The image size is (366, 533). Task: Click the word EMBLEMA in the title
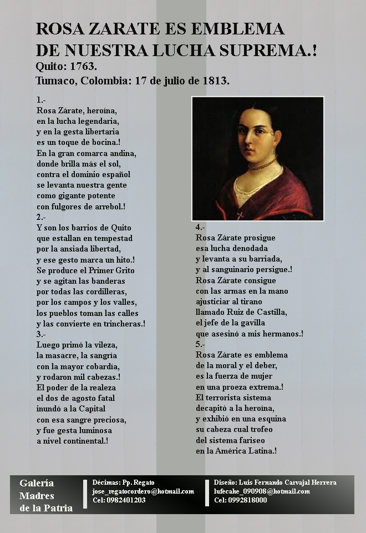[240, 29]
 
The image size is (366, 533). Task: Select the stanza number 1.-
[41, 100]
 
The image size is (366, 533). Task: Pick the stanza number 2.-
[41, 217]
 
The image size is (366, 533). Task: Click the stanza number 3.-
[41, 334]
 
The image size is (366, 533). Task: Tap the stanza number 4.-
[201, 228]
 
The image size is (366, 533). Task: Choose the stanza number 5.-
[201, 344]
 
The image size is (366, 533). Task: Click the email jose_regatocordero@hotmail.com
[143, 491]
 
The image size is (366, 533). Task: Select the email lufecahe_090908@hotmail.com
[262, 491]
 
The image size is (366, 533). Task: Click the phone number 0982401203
[126, 500]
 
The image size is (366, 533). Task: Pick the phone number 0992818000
[248, 500]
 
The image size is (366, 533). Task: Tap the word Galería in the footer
[37, 483]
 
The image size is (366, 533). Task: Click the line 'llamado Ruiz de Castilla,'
[241, 312]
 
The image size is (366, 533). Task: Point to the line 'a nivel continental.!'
[72, 441]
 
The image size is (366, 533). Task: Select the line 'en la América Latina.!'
[236, 451]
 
